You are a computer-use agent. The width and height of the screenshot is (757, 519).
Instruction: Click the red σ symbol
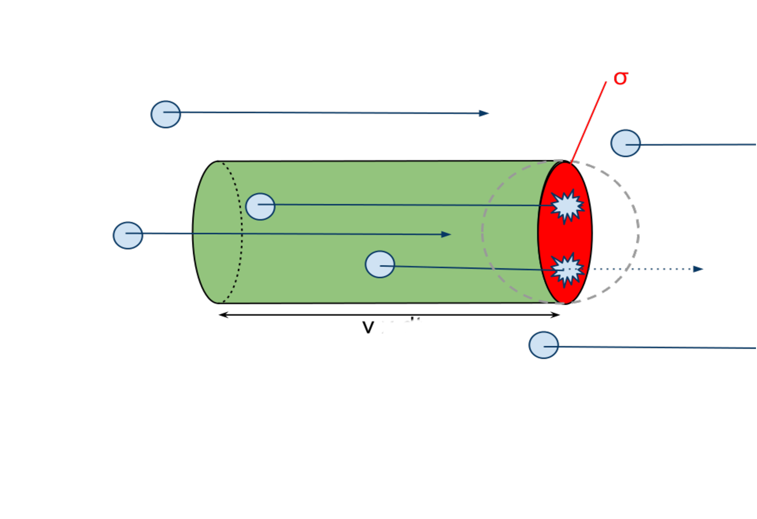coord(620,79)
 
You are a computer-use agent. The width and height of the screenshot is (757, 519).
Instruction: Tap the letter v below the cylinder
coord(368,328)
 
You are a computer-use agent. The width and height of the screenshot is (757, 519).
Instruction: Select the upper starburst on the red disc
coord(567,206)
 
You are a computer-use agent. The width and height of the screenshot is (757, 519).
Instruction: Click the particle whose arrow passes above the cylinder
coord(166,114)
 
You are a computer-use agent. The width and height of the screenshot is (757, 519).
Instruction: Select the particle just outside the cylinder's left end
coord(128,235)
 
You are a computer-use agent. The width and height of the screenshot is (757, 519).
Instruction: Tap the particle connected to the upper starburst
coord(260,207)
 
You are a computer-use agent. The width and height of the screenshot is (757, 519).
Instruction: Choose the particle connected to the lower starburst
coord(380,264)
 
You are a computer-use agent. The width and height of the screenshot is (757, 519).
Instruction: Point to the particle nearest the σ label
coord(625,143)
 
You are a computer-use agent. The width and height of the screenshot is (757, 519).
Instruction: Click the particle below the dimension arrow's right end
coord(544,345)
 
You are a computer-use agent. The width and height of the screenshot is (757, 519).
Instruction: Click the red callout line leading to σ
coord(589,121)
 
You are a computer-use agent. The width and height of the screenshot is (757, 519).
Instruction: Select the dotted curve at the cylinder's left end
coord(241,232)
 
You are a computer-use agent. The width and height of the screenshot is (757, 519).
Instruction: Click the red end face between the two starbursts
coord(565,237)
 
